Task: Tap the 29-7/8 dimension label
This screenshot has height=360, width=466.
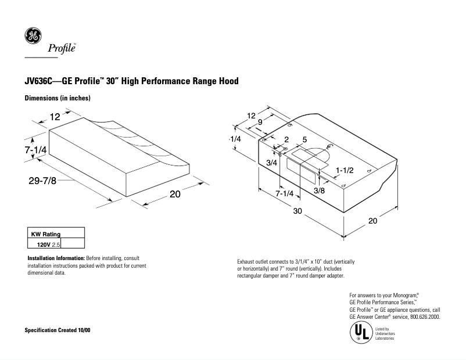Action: coord(42,181)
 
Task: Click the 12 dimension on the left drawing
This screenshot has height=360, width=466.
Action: coord(55,117)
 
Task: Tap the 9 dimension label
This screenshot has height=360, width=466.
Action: coord(260,123)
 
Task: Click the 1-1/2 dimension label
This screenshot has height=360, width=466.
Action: coord(345,170)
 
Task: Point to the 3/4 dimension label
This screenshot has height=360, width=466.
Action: coord(271,163)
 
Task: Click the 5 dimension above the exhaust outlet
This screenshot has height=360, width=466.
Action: coord(304,140)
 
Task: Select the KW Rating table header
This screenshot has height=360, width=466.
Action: coord(45,234)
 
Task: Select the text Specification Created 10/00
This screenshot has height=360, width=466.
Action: coord(57,330)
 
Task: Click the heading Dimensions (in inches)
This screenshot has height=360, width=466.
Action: coord(57,98)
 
